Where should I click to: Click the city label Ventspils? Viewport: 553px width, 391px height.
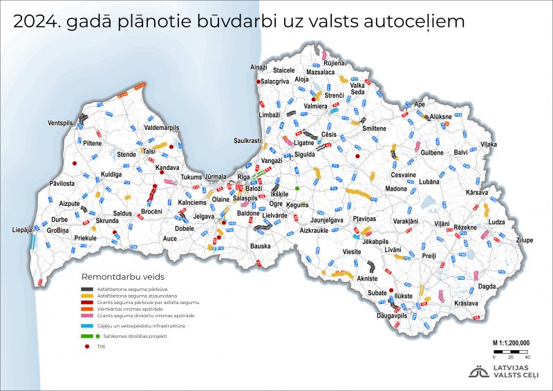click(x=60, y=123)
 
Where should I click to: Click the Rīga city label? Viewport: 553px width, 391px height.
click(x=243, y=178)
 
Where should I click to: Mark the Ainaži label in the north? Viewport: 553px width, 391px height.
click(x=258, y=67)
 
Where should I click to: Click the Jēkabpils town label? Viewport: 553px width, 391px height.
click(x=372, y=242)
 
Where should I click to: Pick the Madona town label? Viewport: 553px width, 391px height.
click(x=396, y=189)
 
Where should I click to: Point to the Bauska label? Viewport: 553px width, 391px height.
click(x=260, y=246)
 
